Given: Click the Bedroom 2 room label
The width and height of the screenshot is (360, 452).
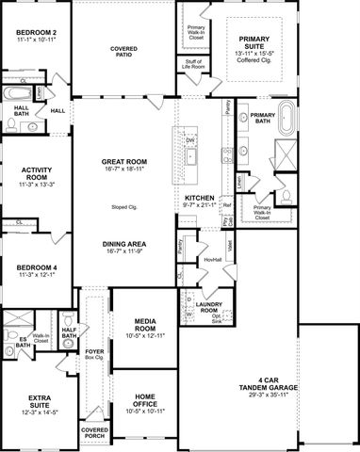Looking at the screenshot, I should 35,33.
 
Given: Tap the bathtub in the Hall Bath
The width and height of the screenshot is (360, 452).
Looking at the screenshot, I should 16,94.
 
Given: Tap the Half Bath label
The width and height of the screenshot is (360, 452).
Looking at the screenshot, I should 69,331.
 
